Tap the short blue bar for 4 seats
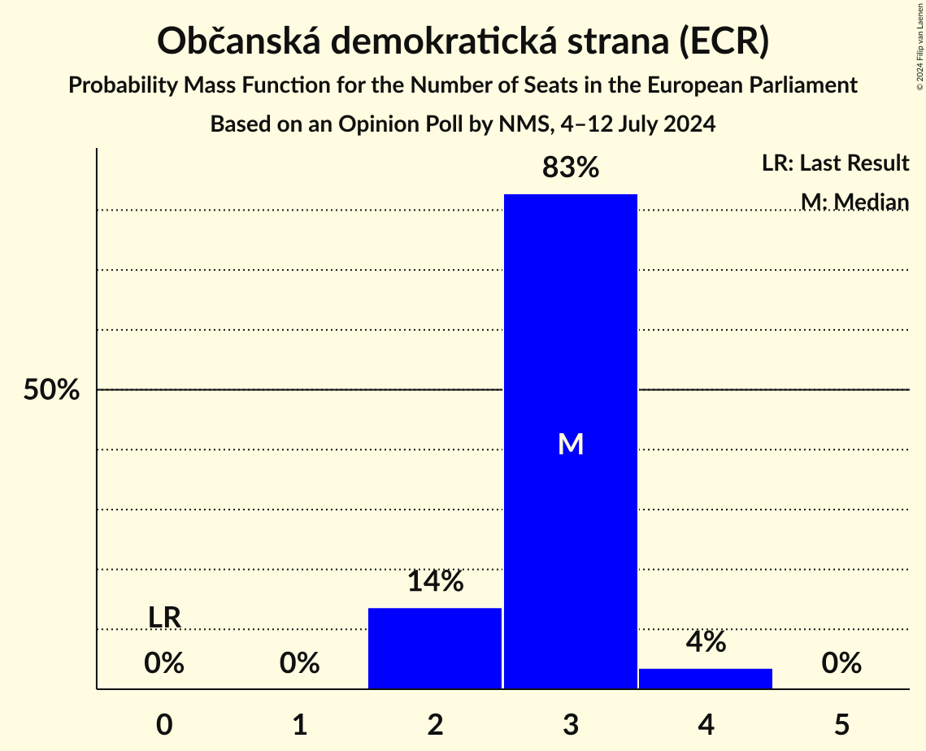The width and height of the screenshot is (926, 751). (706, 678)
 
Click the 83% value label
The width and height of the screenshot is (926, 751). (570, 168)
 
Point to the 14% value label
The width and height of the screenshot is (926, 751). (435, 582)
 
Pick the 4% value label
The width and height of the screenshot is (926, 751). (706, 642)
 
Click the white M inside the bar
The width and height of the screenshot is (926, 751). (571, 444)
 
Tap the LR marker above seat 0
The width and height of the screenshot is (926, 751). (164, 618)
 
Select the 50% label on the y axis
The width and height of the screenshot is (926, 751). (51, 390)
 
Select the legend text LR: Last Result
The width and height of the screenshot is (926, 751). (835, 163)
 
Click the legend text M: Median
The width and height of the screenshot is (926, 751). (854, 202)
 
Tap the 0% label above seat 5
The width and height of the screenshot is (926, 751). (841, 663)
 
